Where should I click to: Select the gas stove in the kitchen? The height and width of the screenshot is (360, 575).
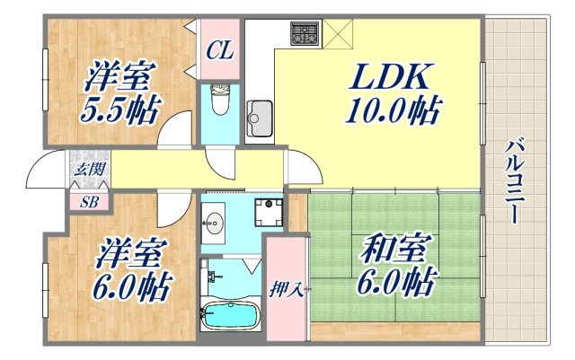pyautogui.click(x=303, y=34)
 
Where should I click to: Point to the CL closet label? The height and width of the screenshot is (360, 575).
pyautogui.click(x=219, y=50)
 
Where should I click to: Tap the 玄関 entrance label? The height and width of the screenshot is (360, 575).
pyautogui.click(x=88, y=169)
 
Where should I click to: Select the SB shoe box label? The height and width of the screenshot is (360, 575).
pyautogui.click(x=89, y=201)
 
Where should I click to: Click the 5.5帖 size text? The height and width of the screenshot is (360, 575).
pyautogui.click(x=123, y=112)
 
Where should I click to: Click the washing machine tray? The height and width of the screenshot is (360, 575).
pyautogui.click(x=267, y=214)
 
